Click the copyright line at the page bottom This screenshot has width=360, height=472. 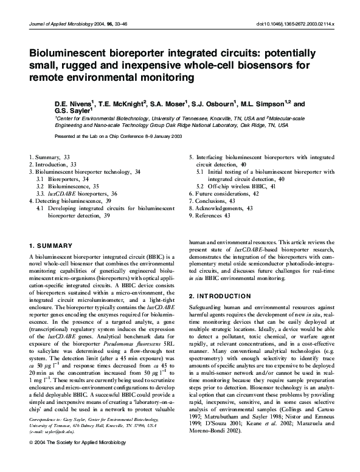click(x=77, y=460)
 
